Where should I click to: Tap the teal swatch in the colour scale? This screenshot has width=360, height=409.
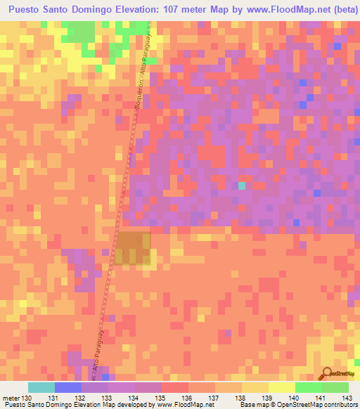[x=41, y=387]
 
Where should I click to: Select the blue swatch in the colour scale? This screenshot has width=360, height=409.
[x=67, y=387]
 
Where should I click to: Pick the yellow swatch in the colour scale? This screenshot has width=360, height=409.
[x=281, y=387]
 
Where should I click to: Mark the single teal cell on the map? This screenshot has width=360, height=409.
[x=242, y=186]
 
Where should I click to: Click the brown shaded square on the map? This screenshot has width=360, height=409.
[x=133, y=249]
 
